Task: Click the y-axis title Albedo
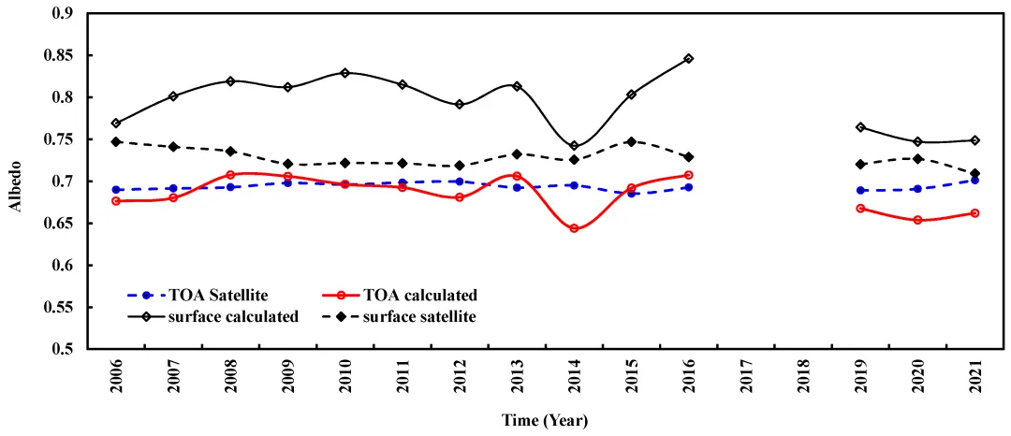16,182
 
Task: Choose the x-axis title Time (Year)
544,420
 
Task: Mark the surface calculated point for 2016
689,59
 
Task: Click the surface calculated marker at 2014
574,146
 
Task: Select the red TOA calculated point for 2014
574,228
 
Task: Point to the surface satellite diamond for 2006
116,141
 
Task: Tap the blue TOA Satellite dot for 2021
974,180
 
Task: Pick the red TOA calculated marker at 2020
917,220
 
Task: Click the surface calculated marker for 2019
860,127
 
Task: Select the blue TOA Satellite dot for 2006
116,190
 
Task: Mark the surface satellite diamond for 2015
632,141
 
